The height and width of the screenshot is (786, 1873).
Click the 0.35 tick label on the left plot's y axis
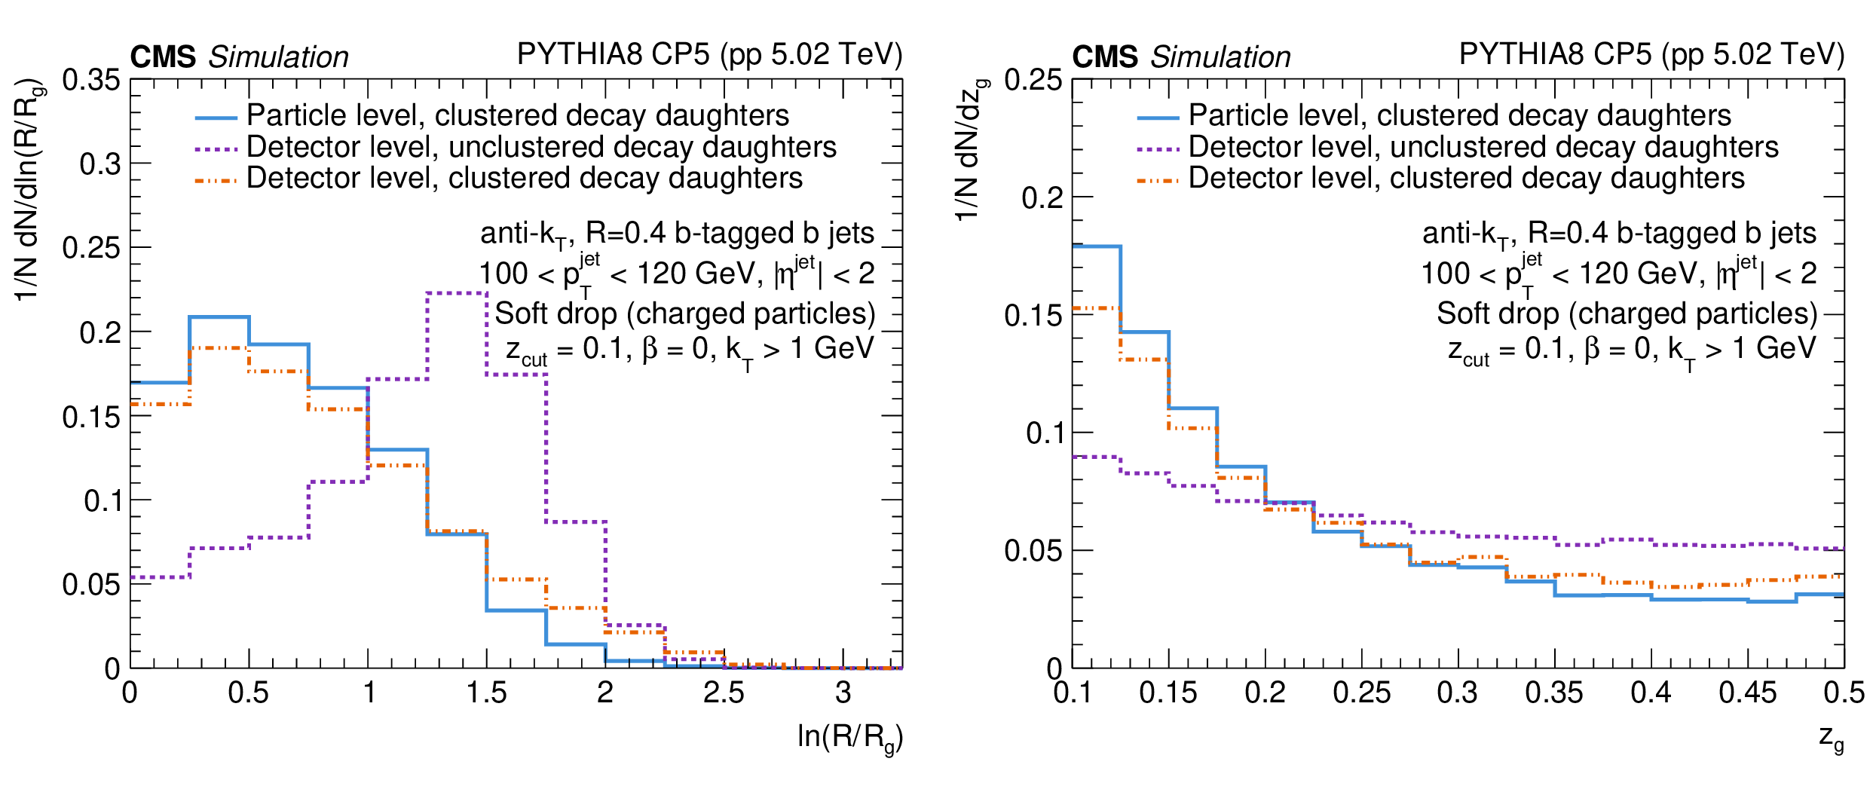click(90, 80)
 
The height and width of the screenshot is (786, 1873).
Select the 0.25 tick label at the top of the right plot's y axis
click(1033, 80)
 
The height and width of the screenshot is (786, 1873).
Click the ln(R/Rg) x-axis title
click(849, 737)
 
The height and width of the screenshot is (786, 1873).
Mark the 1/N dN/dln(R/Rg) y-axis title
click(29, 188)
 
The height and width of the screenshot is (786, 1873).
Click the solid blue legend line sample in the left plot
click(216, 118)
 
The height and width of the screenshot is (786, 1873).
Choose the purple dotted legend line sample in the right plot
click(1158, 149)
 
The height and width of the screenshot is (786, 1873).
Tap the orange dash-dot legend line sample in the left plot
click(216, 181)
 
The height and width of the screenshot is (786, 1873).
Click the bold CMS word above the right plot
click(1105, 57)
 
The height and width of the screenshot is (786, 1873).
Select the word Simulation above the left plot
click(278, 57)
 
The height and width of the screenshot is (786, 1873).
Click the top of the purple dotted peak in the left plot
click(457, 293)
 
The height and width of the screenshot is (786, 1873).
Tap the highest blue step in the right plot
click(1097, 246)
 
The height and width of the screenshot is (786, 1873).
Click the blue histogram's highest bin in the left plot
click(219, 317)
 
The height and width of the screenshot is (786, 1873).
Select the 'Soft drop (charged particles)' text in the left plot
click(684, 313)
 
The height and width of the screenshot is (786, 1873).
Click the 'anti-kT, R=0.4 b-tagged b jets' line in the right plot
click(1619, 234)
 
